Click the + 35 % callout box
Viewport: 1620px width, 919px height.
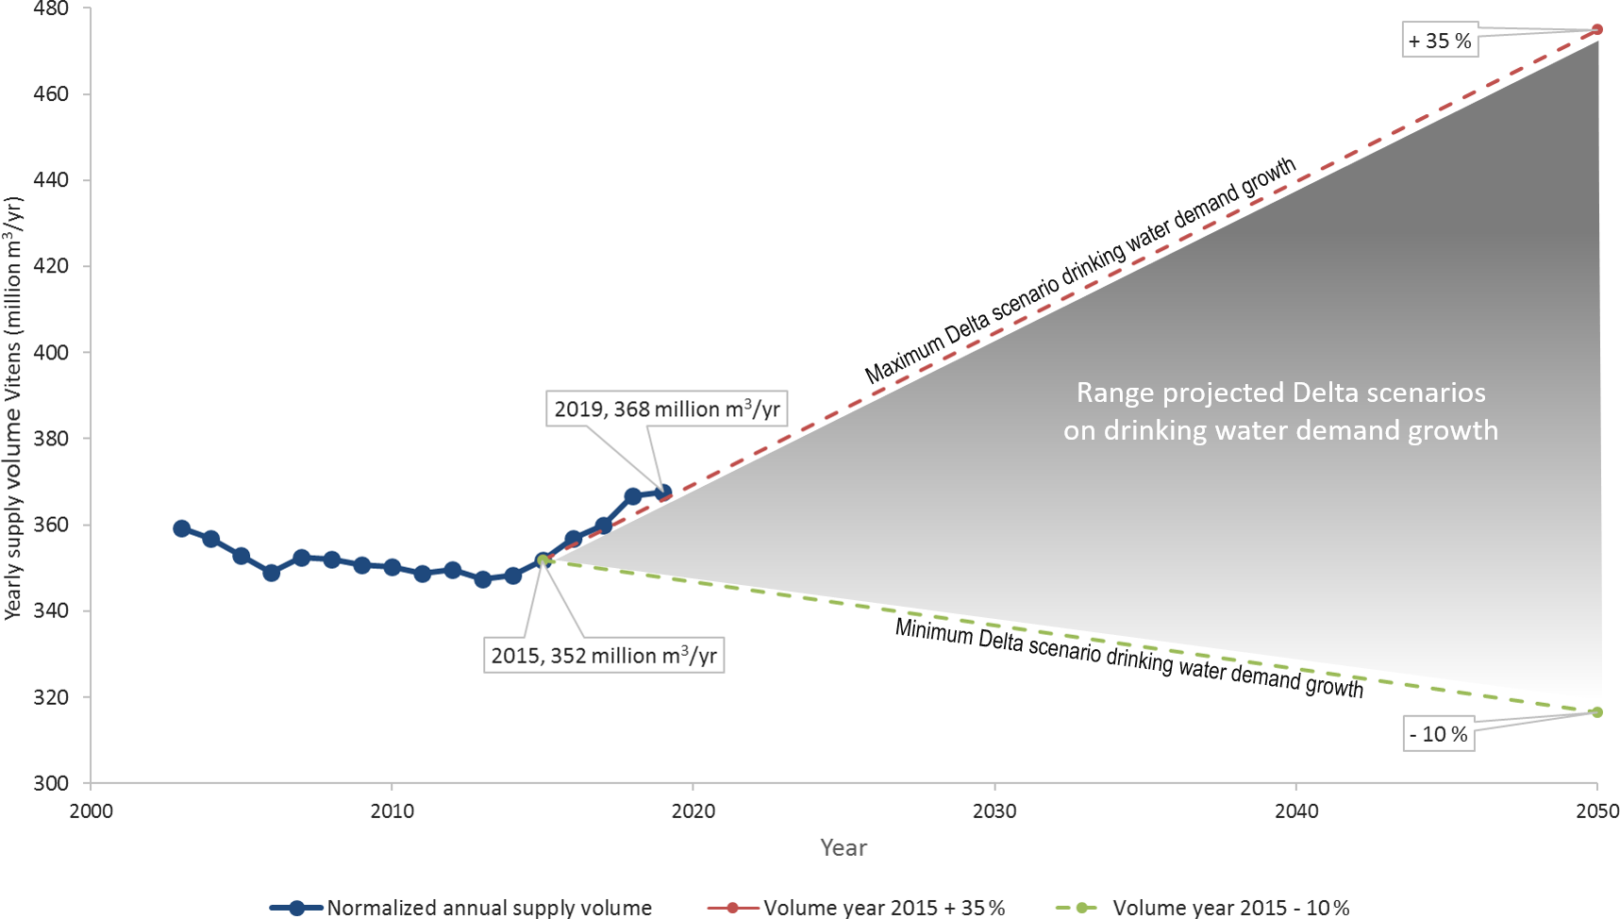pyautogui.click(x=1439, y=42)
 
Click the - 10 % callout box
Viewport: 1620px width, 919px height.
pyautogui.click(x=1438, y=734)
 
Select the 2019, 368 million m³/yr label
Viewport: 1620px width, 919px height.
pyautogui.click(x=666, y=409)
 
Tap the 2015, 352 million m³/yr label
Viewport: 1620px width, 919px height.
pyautogui.click(x=604, y=656)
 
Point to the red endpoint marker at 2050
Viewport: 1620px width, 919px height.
pyautogui.click(x=1597, y=29)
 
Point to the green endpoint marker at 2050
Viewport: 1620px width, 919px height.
pyautogui.click(x=1597, y=712)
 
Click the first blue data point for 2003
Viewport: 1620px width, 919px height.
pyautogui.click(x=181, y=528)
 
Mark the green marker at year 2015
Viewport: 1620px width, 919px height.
pyautogui.click(x=543, y=560)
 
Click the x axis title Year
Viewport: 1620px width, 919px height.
pyautogui.click(x=843, y=848)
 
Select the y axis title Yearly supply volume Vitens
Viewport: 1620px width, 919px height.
pyautogui.click(x=13, y=408)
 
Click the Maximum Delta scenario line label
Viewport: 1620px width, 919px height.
pyautogui.click(x=1079, y=272)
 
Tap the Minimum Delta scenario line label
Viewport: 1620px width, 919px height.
pyautogui.click(x=1128, y=658)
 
